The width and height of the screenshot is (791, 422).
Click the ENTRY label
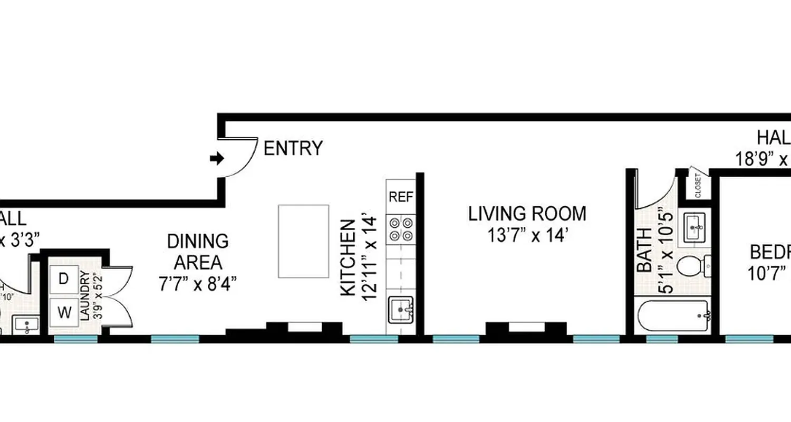[293, 149]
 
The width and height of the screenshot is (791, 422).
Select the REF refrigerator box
[401, 197]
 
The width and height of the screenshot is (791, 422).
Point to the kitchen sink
[401, 310]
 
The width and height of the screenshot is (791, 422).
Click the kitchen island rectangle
[304, 241]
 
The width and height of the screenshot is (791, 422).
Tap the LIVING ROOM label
[527, 214]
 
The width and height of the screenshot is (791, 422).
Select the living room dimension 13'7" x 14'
[527, 235]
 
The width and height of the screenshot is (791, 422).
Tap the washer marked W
[64, 313]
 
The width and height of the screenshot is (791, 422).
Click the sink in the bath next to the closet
[698, 227]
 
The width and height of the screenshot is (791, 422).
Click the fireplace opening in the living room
[526, 328]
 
